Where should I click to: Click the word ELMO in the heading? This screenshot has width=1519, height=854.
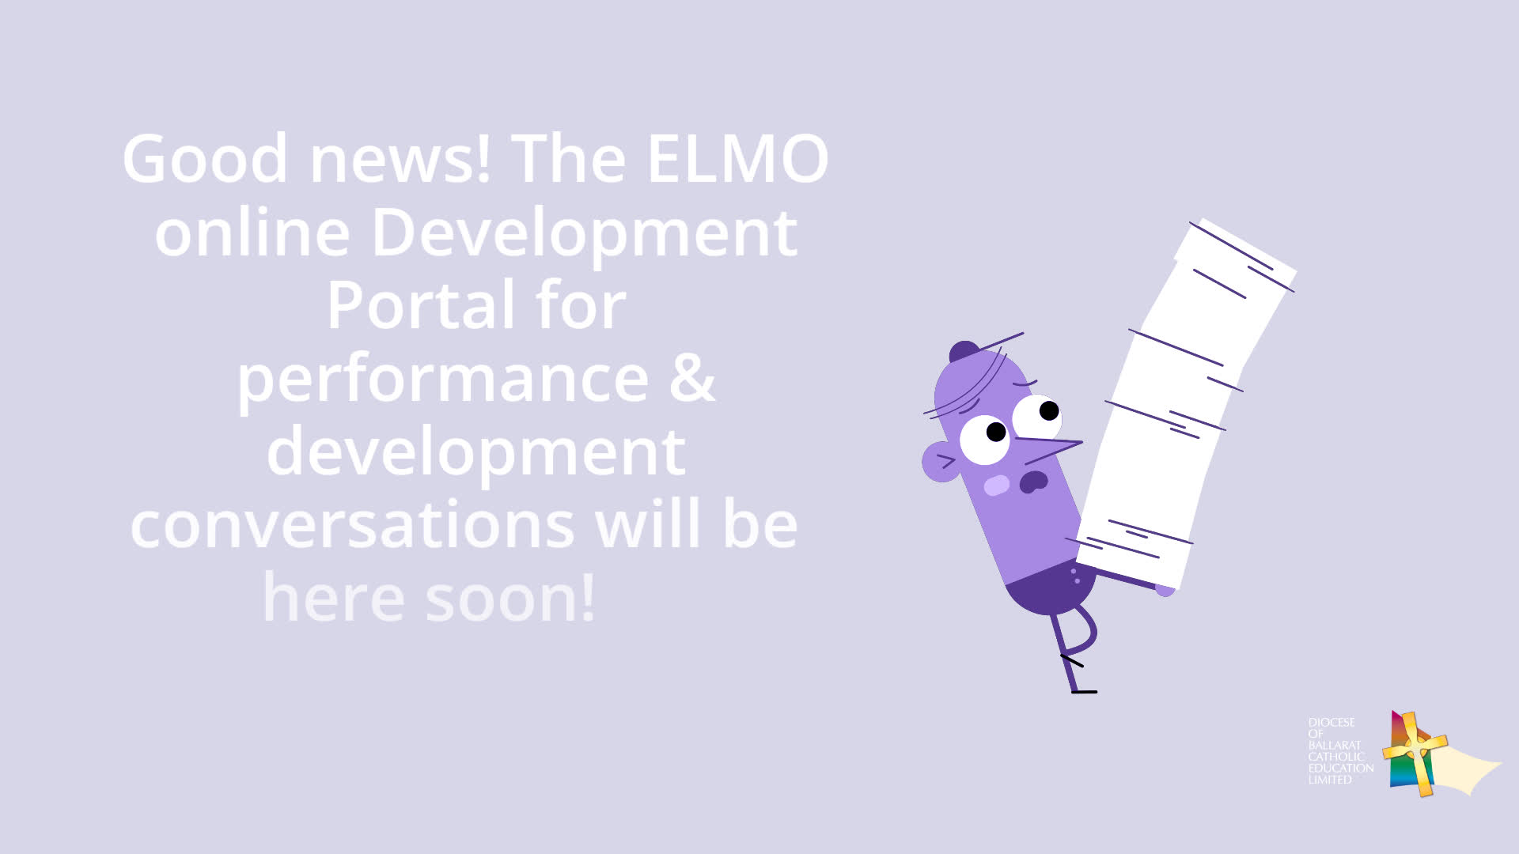737,159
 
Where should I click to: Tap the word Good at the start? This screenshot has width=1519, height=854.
205,159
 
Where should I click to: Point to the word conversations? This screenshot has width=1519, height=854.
352,524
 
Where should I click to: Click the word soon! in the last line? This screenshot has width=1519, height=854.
510,598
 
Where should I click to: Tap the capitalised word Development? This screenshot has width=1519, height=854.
585,234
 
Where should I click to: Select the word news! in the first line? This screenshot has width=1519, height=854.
400,159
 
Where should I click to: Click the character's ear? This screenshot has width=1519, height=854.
941,462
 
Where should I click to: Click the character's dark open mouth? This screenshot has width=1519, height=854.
1033,481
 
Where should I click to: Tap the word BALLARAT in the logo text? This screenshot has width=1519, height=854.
1334,745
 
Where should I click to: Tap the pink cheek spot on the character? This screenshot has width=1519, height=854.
997,485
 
